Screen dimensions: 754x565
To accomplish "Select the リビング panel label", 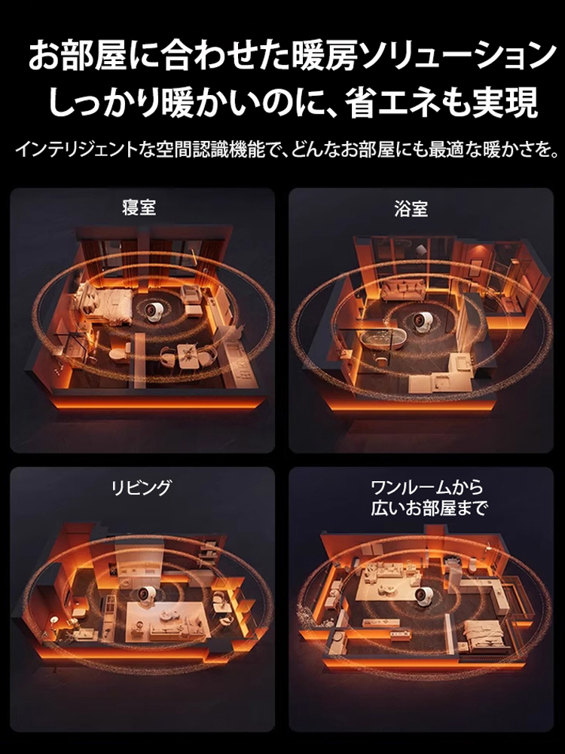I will click(141, 487).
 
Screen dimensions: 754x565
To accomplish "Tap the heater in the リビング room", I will click(143, 596).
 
